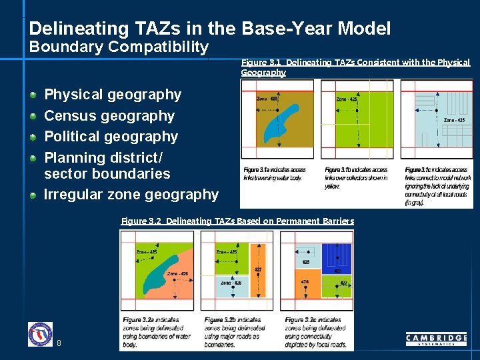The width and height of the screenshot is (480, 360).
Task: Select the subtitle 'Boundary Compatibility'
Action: pyautogui.click(x=119, y=47)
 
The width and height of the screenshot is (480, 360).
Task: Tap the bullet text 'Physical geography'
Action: pyautogui.click(x=112, y=95)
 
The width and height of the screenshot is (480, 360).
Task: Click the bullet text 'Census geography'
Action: pyautogui.click(x=109, y=116)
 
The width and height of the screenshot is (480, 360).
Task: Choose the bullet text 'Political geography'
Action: pyautogui.click(x=111, y=137)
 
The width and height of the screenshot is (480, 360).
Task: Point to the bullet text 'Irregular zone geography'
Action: pyautogui.click(x=131, y=195)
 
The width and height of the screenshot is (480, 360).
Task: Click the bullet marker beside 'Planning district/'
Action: pyautogui.click(x=33, y=159)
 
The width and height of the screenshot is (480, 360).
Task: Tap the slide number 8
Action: pyautogui.click(x=59, y=343)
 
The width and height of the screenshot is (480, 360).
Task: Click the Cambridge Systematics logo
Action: pyautogui.click(x=436, y=339)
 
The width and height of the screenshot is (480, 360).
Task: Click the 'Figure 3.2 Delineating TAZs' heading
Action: pyautogui.click(x=237, y=221)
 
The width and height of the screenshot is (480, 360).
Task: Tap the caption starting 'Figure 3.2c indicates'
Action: pyautogui.click(x=315, y=332)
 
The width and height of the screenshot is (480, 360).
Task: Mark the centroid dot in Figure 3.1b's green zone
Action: pyautogui.click(x=361, y=124)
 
